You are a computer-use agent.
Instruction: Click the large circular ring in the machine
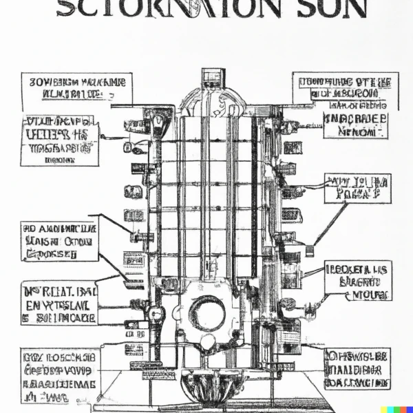pyautogui.click(x=206, y=312)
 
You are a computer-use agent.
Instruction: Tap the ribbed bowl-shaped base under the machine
pyautogui.click(x=206, y=385)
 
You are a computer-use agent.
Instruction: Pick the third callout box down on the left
pyautogui.click(x=59, y=241)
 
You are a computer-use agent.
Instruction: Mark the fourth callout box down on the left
pyautogui.click(x=59, y=302)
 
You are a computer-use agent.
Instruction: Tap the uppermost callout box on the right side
pyautogui.click(x=345, y=90)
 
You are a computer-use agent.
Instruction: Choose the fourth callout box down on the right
pyautogui.click(x=358, y=280)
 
